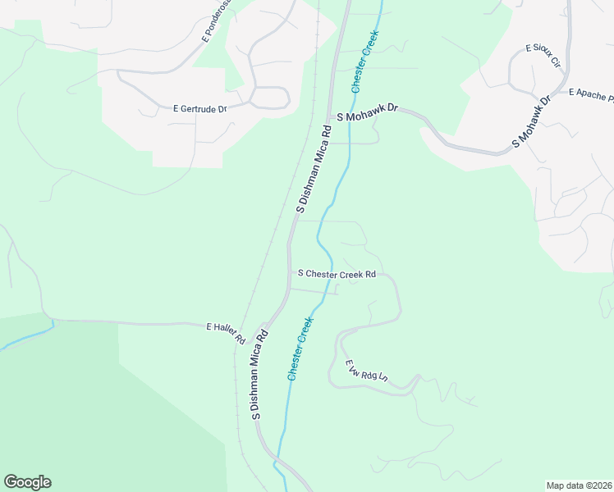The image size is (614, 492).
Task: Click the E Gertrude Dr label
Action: click(x=199, y=107)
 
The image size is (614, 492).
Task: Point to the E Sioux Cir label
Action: click(x=543, y=55)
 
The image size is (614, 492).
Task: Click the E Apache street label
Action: click(x=590, y=95)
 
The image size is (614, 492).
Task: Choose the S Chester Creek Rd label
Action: click(x=337, y=274)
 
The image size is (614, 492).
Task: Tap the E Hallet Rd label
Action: click(x=226, y=332)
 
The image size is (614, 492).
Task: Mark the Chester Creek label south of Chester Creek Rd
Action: click(x=300, y=348)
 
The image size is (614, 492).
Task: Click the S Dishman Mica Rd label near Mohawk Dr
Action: click(x=312, y=170)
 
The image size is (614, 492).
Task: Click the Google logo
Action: click(x=27, y=482)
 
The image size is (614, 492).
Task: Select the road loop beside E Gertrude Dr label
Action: click(x=271, y=98)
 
